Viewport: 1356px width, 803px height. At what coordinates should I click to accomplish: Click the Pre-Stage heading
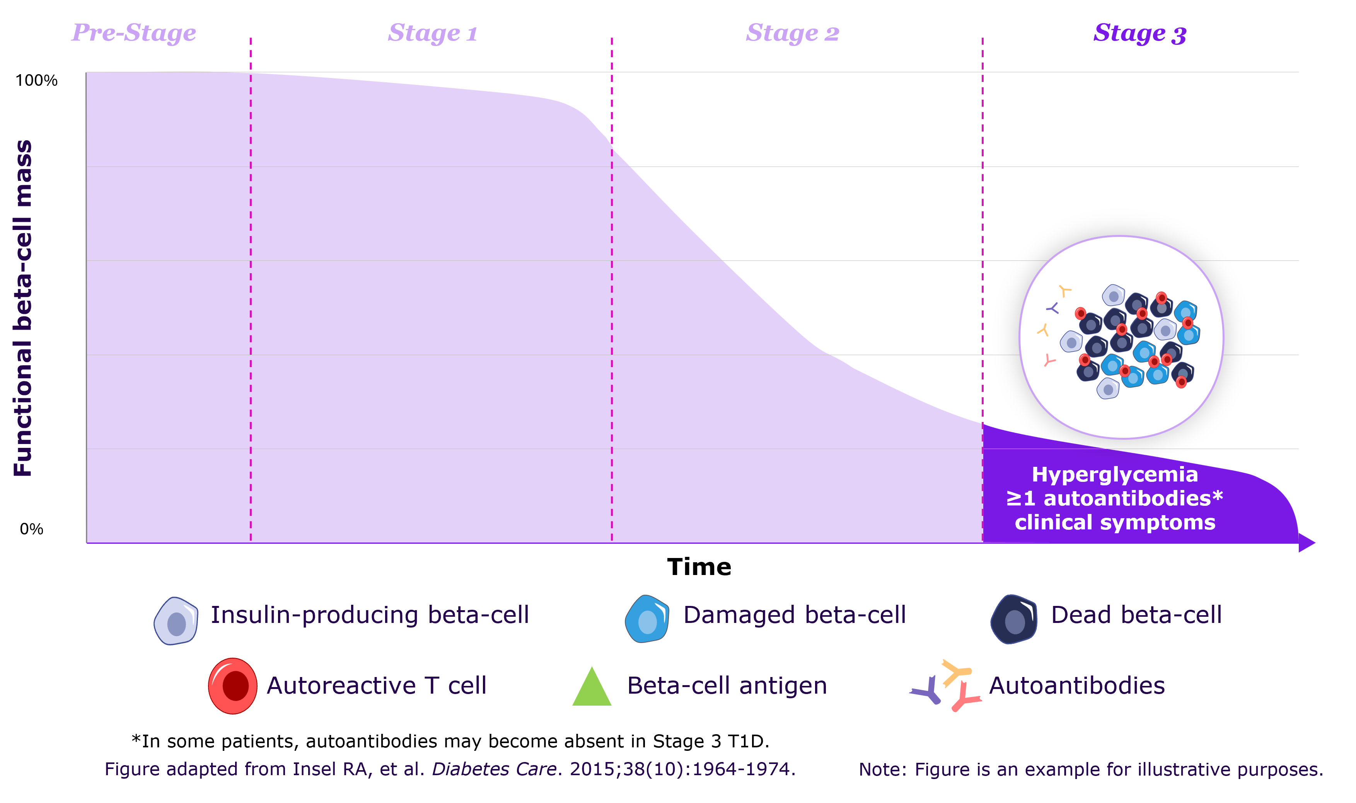click(134, 32)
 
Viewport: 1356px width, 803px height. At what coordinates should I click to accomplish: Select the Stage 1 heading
click(433, 33)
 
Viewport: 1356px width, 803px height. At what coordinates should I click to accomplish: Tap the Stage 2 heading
click(793, 33)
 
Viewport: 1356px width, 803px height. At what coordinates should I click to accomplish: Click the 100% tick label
click(36, 81)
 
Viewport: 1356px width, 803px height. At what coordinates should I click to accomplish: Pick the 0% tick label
click(31, 529)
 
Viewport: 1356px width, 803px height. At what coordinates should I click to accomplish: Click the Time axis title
click(699, 567)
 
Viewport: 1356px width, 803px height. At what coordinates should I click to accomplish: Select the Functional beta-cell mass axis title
click(23, 308)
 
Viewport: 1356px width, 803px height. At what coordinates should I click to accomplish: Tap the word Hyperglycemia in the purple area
click(1115, 475)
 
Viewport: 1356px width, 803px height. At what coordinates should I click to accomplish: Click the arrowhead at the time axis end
click(1306, 542)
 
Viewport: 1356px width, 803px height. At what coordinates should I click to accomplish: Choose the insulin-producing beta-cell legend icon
click(176, 621)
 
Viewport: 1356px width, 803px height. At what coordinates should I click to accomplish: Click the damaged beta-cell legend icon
click(647, 619)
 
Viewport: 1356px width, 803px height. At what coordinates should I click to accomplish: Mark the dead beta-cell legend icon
click(1014, 619)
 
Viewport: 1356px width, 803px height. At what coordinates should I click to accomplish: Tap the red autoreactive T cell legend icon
click(233, 686)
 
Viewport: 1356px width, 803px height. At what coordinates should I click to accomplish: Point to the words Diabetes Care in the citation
click(494, 769)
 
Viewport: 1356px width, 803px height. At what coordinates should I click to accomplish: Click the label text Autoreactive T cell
click(377, 686)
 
